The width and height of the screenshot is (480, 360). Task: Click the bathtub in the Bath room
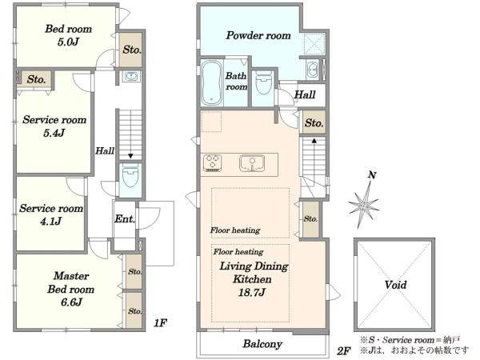pyautogui.click(x=211, y=82)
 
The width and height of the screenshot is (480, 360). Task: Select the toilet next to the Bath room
pyautogui.click(x=263, y=82)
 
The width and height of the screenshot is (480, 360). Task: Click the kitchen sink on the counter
pyautogui.click(x=252, y=164)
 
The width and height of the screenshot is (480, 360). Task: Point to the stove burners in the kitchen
pyautogui.click(x=213, y=163)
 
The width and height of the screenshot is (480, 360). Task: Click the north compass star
pyautogui.click(x=364, y=206)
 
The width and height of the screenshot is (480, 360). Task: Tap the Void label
pyautogui.click(x=395, y=285)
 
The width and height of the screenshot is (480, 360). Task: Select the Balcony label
pyautogui.click(x=262, y=344)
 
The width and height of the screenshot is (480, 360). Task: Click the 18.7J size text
pyautogui.click(x=252, y=293)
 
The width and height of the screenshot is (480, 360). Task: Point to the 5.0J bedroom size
pyautogui.click(x=68, y=42)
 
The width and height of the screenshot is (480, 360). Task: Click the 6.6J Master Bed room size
pyautogui.click(x=71, y=302)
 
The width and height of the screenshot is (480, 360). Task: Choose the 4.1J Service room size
pyautogui.click(x=51, y=221)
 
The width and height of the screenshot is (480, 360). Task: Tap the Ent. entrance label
pyautogui.click(x=125, y=219)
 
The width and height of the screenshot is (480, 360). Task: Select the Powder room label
pyautogui.click(x=258, y=35)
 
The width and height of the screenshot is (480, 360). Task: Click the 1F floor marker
pyautogui.click(x=160, y=322)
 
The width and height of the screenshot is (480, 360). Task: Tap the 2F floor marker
pyautogui.click(x=344, y=351)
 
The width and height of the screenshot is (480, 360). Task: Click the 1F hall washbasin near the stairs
pyautogui.click(x=131, y=76)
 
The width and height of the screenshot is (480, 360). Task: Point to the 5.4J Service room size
pyautogui.click(x=54, y=133)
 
